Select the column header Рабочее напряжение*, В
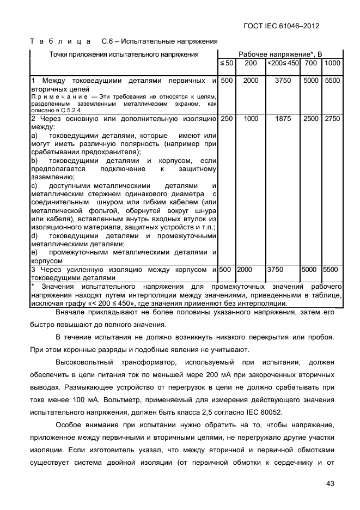coord(280,54)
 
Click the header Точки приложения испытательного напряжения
coord(124,54)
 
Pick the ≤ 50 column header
coord(227,64)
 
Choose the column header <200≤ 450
coord(283,64)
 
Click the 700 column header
coord(311,64)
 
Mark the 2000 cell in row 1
coord(251,81)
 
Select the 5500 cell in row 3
coord(331,269)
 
